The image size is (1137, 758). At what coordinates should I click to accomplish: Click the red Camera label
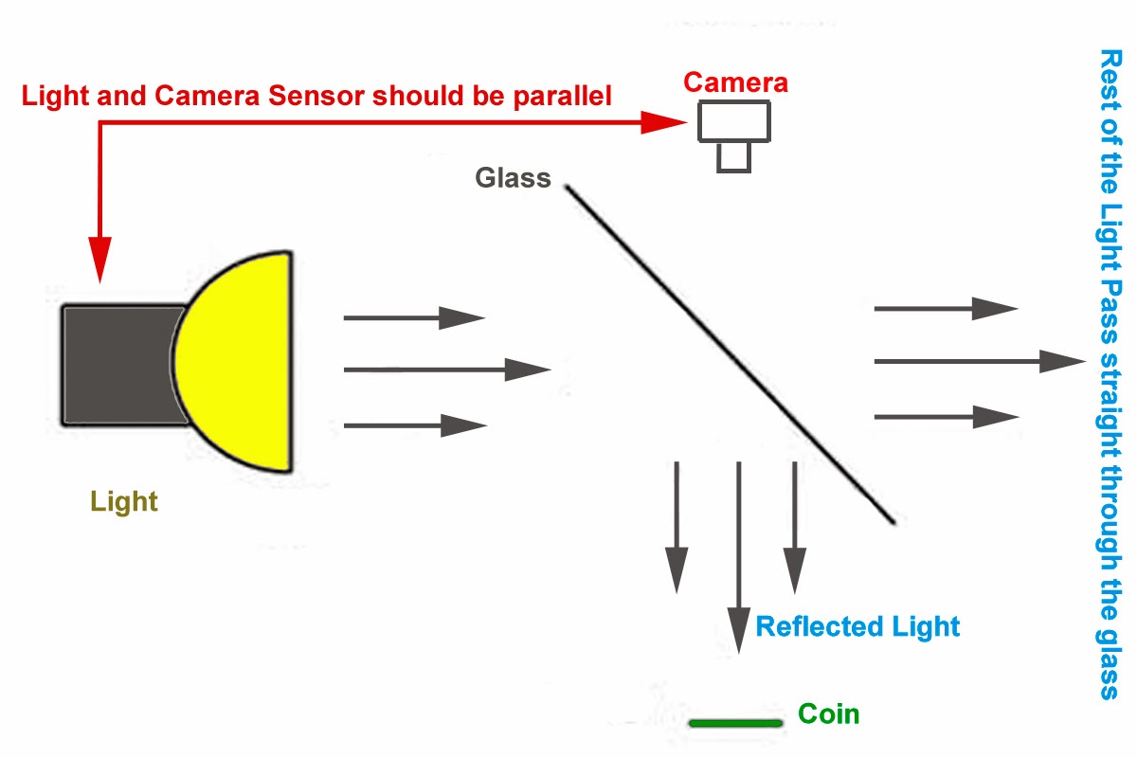tap(735, 82)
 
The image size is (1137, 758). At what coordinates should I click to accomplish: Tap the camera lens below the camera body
tap(734, 156)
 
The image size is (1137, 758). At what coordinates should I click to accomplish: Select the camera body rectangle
tap(735, 121)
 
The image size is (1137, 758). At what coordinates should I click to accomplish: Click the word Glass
tap(513, 177)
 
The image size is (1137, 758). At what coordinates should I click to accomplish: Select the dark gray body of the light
tap(118, 365)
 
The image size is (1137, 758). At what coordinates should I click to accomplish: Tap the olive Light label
tap(124, 501)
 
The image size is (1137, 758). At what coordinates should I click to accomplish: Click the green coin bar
tap(736, 724)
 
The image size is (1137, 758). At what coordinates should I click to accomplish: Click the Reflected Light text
tap(857, 626)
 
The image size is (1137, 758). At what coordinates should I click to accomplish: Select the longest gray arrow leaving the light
tap(445, 369)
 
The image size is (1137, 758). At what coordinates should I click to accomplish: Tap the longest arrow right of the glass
tap(976, 360)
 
